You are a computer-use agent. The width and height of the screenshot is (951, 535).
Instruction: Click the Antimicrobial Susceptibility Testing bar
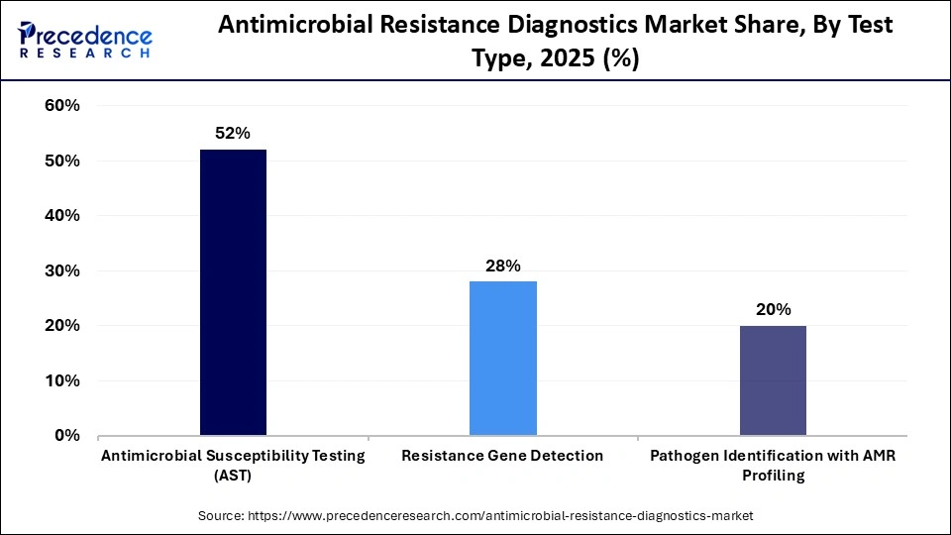point(233,292)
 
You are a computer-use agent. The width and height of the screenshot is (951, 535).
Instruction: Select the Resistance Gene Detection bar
point(502,358)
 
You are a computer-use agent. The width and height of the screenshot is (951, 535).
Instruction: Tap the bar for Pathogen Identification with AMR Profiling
point(773,380)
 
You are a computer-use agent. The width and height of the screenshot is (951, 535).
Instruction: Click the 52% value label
point(233,132)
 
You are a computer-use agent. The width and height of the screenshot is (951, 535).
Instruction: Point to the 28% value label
point(502,265)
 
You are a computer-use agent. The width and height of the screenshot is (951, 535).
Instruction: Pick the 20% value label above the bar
point(773,309)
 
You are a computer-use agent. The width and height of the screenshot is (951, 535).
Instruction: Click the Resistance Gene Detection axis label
point(502,456)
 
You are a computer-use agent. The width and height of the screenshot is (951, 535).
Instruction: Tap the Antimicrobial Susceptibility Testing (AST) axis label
point(233,465)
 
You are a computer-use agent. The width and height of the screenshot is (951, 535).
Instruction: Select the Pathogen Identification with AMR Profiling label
point(773,465)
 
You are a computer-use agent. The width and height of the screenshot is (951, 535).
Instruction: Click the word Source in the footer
point(220,515)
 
